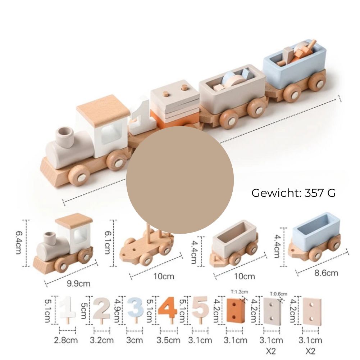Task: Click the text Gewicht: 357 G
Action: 293,193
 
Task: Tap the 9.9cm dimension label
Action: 78,283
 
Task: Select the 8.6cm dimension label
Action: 326,273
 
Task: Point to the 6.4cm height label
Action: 19,243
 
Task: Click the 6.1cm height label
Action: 108,243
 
